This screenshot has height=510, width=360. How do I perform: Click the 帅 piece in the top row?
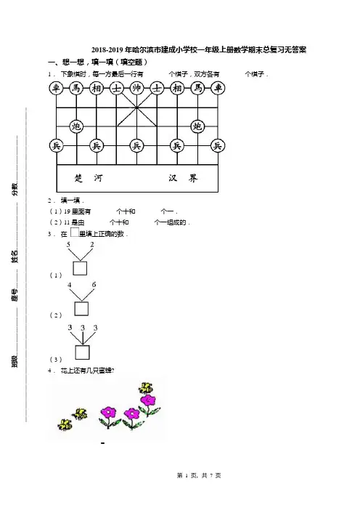(x=136, y=88)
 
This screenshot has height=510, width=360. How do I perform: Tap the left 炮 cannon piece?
(x=76, y=126)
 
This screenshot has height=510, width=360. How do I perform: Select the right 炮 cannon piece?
(x=197, y=126)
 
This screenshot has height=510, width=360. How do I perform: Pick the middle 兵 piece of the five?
(x=136, y=146)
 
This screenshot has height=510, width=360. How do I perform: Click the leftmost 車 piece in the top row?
(x=56, y=88)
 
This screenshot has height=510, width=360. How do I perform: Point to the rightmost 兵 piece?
(x=217, y=146)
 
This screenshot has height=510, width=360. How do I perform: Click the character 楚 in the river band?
(x=78, y=178)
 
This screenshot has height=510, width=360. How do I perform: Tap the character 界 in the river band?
(x=193, y=178)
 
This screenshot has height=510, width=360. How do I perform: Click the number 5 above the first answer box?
(x=68, y=245)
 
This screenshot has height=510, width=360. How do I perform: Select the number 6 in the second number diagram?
(x=94, y=285)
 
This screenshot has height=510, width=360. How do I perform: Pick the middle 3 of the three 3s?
(x=83, y=328)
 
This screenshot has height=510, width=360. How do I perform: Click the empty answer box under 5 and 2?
(x=80, y=268)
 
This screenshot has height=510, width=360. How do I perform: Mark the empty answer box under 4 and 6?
(x=81, y=309)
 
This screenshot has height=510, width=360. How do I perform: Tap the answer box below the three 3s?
(x=83, y=352)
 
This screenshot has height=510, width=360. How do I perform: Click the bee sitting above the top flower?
(x=146, y=388)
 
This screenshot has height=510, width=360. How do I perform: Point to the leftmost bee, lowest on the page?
(x=65, y=424)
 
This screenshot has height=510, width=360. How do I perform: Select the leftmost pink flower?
(x=108, y=417)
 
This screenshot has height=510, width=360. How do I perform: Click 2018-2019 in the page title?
(x=107, y=49)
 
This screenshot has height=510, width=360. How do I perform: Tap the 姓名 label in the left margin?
(x=15, y=256)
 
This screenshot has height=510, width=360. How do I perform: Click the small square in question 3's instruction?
(x=75, y=232)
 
